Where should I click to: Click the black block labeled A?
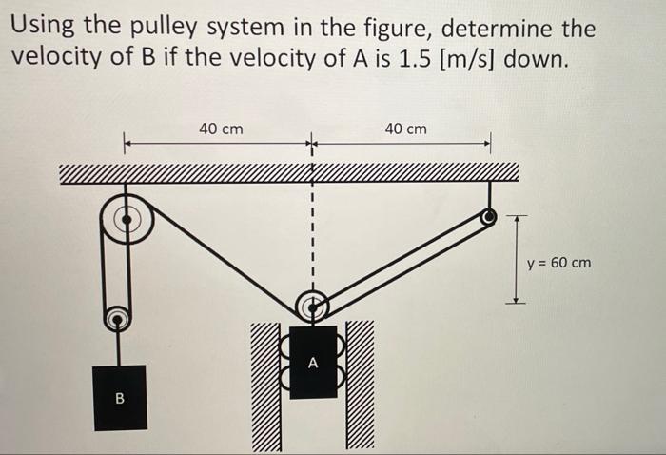click(x=312, y=363)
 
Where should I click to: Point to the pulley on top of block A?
click(x=311, y=307)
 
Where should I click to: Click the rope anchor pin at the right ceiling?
click(x=488, y=218)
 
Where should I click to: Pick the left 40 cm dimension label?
click(x=220, y=128)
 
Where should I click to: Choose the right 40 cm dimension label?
click(x=405, y=128)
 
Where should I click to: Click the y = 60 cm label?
click(x=558, y=261)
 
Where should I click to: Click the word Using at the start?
click(x=44, y=29)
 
